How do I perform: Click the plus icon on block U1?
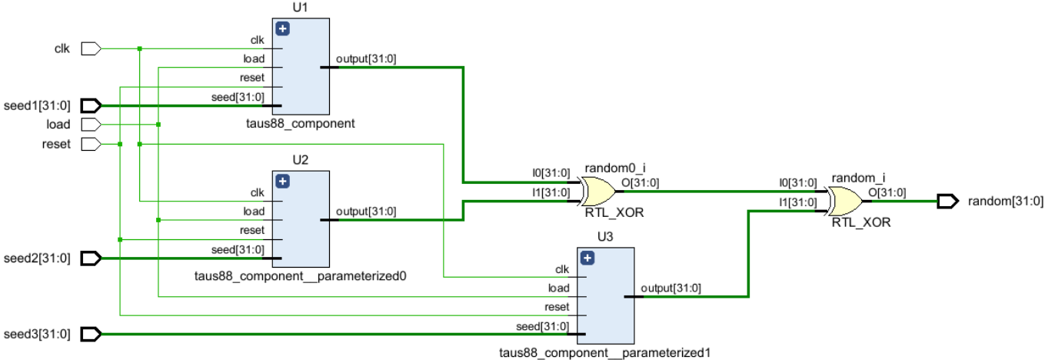point(282,29)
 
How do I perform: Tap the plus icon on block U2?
point(282,182)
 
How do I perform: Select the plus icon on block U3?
point(587,258)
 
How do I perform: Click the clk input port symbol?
point(91,49)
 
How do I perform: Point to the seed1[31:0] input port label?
point(37,105)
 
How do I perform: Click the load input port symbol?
point(91,125)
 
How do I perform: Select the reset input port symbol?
point(91,144)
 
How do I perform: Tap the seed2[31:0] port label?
point(37,258)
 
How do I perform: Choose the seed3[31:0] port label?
point(37,334)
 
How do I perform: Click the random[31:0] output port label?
point(1006,202)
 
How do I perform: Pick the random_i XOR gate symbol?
point(844,200)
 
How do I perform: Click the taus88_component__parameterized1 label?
point(604,353)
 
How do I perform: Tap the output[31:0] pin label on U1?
point(366,58)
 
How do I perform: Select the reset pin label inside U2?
point(253,230)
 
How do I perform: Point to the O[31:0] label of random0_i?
point(640,182)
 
